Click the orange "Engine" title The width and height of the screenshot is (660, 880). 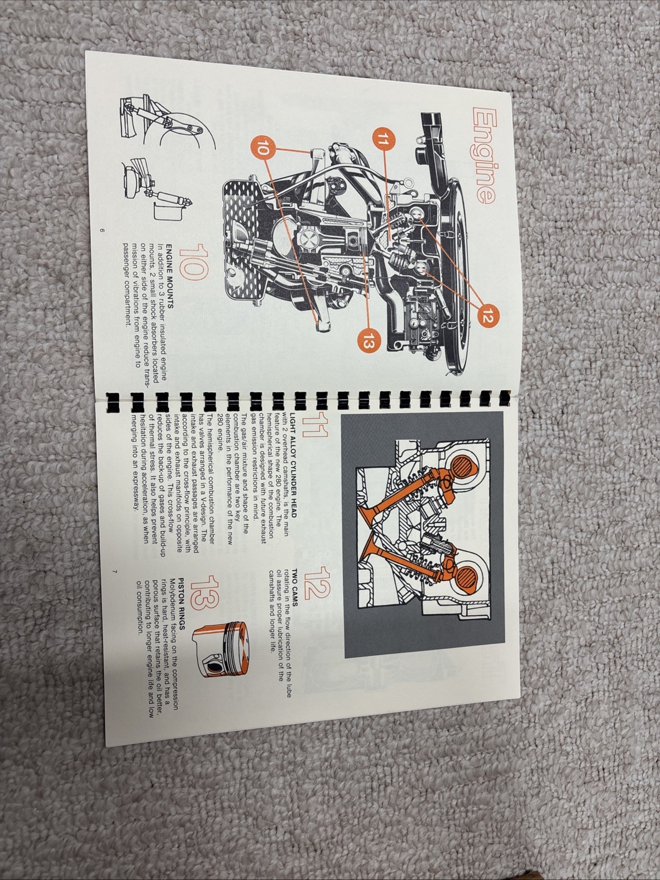point(475,157)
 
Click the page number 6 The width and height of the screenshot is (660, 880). point(102,230)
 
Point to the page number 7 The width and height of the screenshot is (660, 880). point(114,572)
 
